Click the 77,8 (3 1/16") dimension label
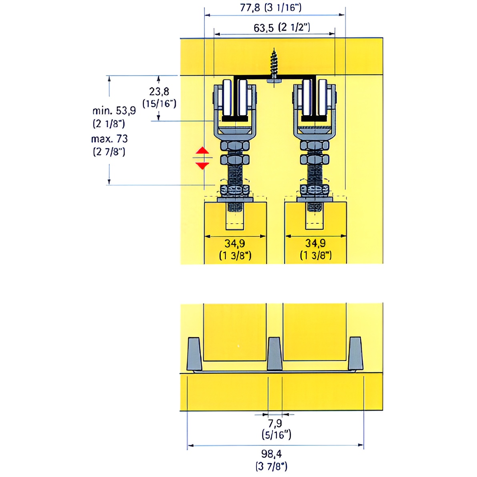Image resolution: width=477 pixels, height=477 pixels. pyautogui.click(x=271, y=7)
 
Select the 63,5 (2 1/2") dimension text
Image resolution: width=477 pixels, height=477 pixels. pyautogui.click(x=282, y=27)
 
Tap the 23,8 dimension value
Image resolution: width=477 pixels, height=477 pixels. pyautogui.click(x=159, y=91)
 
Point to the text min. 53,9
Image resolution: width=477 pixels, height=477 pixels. pyautogui.click(x=114, y=110)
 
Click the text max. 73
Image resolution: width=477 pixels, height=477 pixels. pyautogui.click(x=110, y=139)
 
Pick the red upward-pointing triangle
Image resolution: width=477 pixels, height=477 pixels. pyautogui.click(x=202, y=150)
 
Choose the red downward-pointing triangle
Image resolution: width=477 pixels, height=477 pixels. pyautogui.click(x=202, y=166)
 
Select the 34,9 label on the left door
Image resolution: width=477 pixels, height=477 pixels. pyautogui.click(x=235, y=243)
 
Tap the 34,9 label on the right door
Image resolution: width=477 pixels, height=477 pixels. pyautogui.click(x=315, y=243)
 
